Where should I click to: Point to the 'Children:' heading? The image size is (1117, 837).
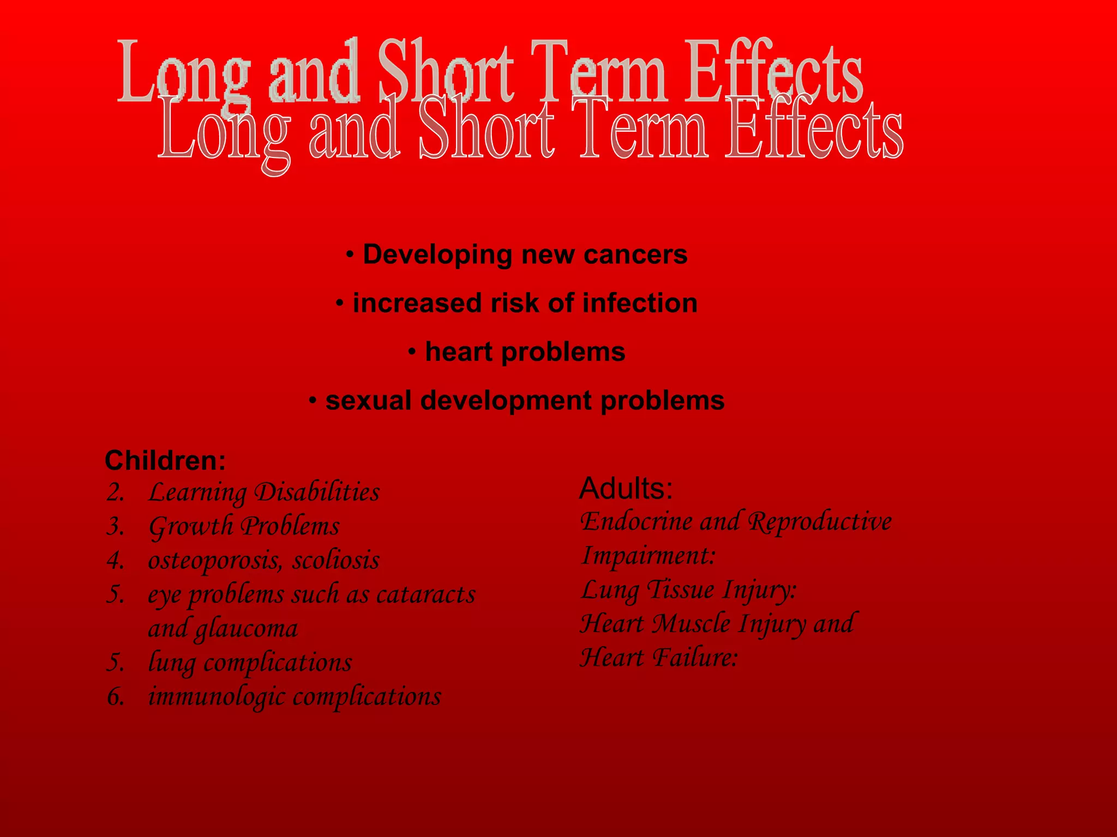(165, 461)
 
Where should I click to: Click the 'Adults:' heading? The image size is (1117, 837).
(626, 488)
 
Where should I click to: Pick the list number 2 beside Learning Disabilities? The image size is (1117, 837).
(116, 493)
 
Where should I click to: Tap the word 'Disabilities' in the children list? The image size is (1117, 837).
(317, 493)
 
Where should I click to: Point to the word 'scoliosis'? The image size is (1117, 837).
(336, 561)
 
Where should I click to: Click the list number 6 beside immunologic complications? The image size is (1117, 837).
(116, 697)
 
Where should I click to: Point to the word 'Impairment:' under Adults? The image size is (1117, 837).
(648, 556)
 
